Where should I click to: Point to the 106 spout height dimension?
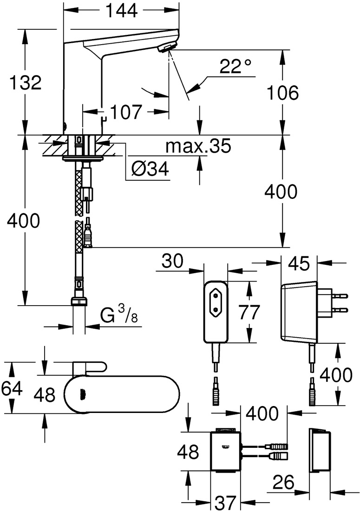[281, 93]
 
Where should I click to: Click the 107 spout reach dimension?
[125, 112]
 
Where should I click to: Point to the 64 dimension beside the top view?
[11, 387]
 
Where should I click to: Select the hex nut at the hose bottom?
[80, 301]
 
